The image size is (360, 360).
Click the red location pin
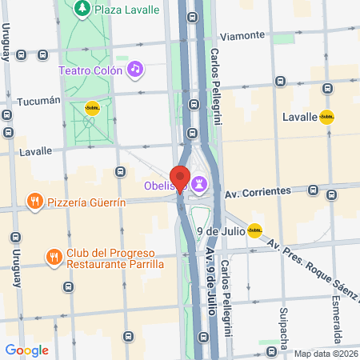pyautogui.click(x=179, y=178)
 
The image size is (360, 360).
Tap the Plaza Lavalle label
pyautogui.click(x=125, y=9)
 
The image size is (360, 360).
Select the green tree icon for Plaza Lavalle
pyautogui.click(x=82, y=9)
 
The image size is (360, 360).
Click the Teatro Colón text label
pyautogui.click(x=90, y=70)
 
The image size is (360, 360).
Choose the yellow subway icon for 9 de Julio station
pyautogui.click(x=254, y=231)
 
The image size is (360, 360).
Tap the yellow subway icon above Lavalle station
pyautogui.click(x=326, y=117)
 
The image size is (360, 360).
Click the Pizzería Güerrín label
pyautogui.click(x=86, y=201)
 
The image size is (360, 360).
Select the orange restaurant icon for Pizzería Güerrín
pyautogui.click(x=34, y=200)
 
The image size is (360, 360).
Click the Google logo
pyautogui.click(x=26, y=350)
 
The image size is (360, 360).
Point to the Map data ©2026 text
pyautogui.click(x=326, y=354)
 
